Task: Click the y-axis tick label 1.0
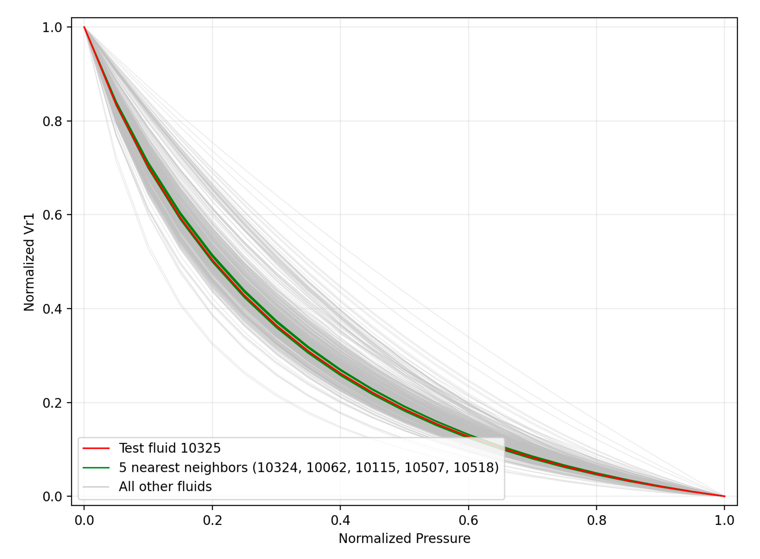pos(52,27)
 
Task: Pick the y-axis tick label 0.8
pos(52,121)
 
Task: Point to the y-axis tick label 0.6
pos(52,215)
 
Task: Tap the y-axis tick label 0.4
pos(52,309)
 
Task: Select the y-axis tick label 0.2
pos(52,403)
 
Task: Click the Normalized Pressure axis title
pos(404,538)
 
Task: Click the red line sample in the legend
pos(96,448)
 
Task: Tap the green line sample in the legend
pos(96,468)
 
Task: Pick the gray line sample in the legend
pos(96,487)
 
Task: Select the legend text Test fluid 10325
pos(170,448)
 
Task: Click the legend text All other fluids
pos(165,487)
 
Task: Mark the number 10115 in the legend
pos(376,468)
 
